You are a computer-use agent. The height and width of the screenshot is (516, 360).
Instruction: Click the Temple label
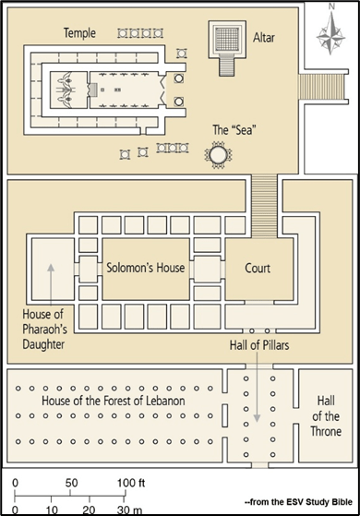[x=79, y=33]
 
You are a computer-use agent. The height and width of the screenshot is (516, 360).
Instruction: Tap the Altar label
[x=264, y=38]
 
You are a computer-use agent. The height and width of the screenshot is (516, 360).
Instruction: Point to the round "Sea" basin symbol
[x=218, y=155]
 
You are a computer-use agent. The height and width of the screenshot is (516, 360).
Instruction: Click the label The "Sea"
[x=234, y=129]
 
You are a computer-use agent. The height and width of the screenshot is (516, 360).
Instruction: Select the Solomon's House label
[x=146, y=268]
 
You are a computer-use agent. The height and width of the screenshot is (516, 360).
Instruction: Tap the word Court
[x=258, y=269]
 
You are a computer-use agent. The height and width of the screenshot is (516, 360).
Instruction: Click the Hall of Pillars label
[x=259, y=345]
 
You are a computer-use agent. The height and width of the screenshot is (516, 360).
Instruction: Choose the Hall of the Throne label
[x=326, y=416]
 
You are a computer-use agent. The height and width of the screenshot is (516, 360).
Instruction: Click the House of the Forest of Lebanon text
[x=114, y=401]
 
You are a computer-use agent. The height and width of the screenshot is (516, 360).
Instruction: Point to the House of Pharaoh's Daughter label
[x=44, y=330]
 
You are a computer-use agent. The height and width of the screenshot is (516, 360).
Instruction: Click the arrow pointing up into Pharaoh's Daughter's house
[x=51, y=285]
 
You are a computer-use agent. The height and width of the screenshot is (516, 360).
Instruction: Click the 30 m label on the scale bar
[x=129, y=510]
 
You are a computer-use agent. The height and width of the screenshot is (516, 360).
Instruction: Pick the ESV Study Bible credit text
[x=298, y=502]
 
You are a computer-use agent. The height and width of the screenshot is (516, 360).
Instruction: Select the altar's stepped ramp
[x=227, y=66]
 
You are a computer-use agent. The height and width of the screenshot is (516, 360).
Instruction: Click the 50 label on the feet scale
[x=71, y=483]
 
